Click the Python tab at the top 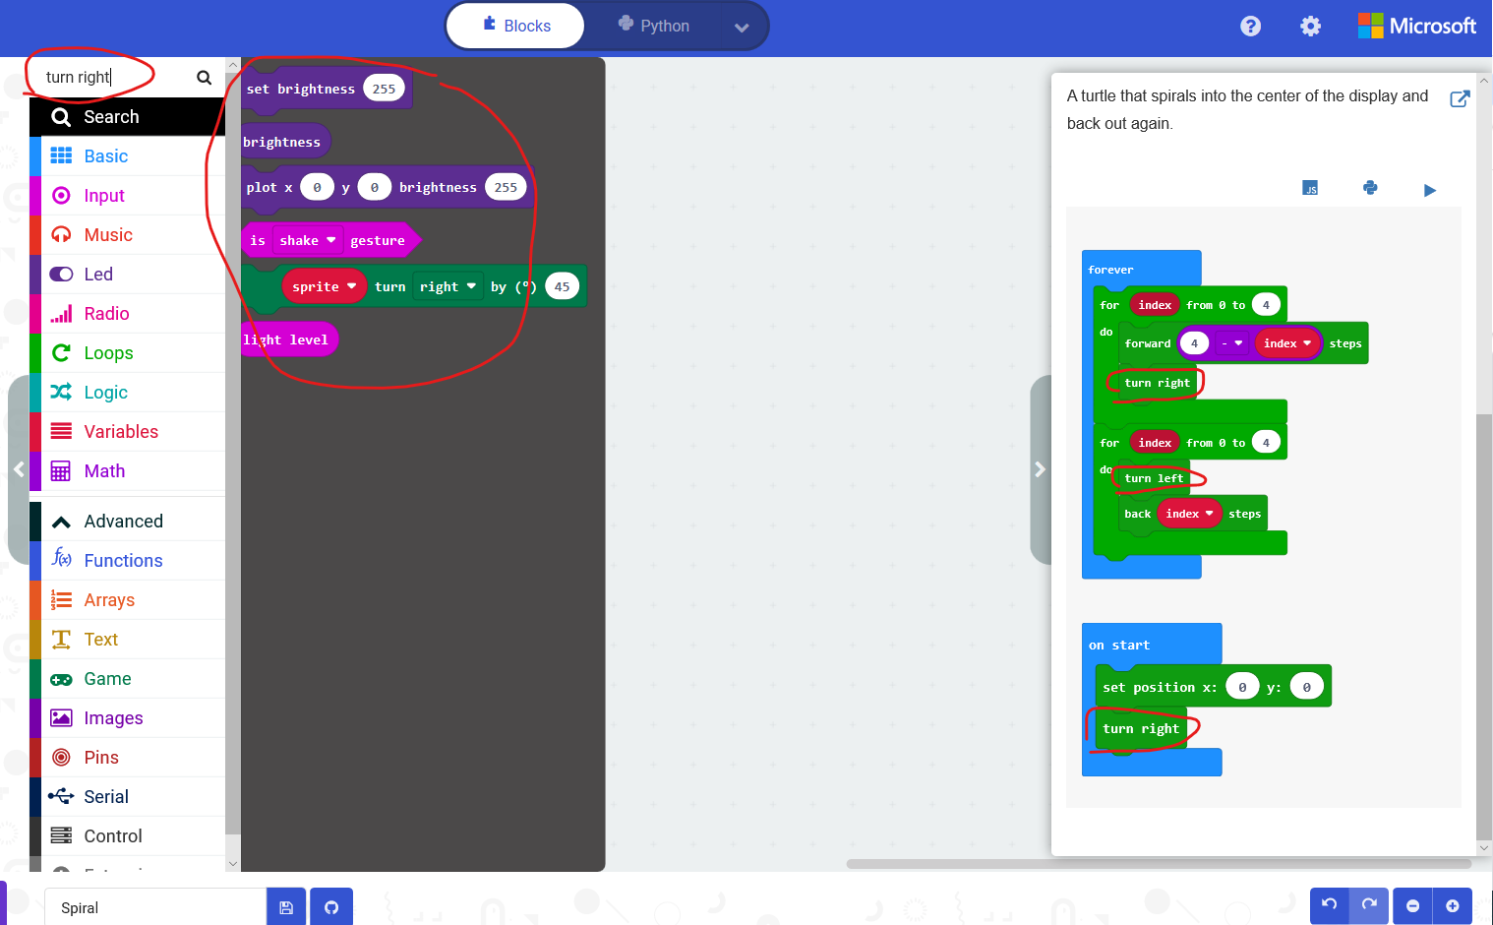[654, 26]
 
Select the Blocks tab [516, 26]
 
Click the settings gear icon [1310, 27]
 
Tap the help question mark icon [1250, 27]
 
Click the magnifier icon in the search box [204, 78]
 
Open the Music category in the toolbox [108, 235]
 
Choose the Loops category [108, 353]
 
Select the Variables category [121, 432]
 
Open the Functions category [123, 561]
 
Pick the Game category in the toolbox [107, 679]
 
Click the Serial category [106, 797]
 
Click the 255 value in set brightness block [384, 89]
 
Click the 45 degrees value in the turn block [562, 287]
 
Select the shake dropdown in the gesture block [307, 240]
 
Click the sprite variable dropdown [324, 287]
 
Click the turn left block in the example [1154, 478]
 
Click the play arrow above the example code [1429, 190]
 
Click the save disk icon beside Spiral [286, 907]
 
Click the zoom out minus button [1412, 906]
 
